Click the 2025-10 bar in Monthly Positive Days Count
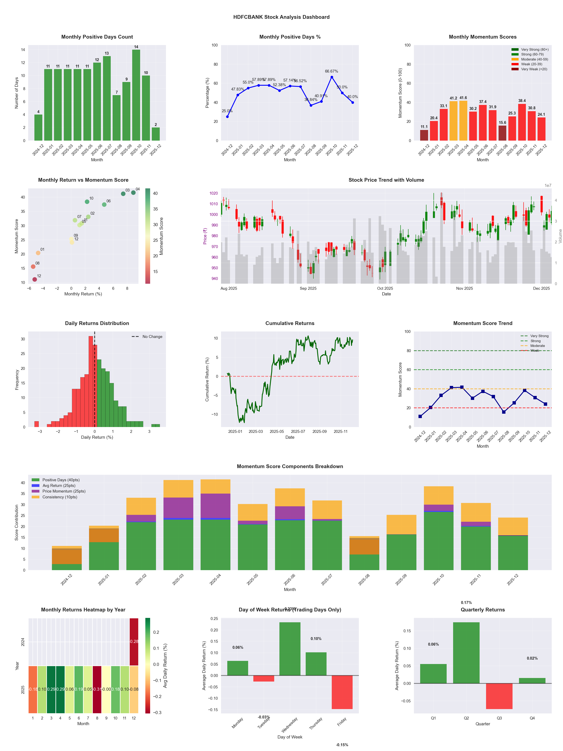[136, 95]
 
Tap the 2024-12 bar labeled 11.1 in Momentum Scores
[424, 135]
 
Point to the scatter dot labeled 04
[133, 193]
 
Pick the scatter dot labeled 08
[33, 267]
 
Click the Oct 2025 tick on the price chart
[385, 289]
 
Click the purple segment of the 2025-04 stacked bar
[215, 505]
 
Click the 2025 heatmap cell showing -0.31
[97, 689]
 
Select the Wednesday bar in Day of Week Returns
[290, 648]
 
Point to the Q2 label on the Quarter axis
[466, 718]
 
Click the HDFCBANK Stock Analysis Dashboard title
[281, 17]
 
